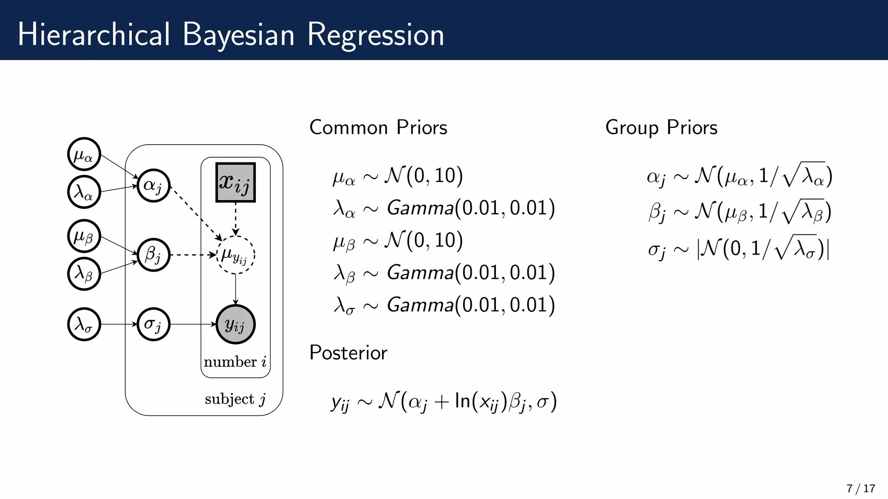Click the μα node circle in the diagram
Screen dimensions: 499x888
pos(84,154)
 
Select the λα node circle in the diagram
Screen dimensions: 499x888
pos(84,192)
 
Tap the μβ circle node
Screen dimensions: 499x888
pos(84,236)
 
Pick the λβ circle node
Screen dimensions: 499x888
pos(84,274)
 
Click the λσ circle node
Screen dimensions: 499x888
pos(84,324)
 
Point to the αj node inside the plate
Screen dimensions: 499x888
pos(153,185)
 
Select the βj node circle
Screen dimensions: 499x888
pos(153,255)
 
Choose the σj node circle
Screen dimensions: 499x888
pos(153,324)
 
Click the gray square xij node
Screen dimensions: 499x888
pos(235,182)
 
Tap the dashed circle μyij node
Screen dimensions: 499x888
pos(235,255)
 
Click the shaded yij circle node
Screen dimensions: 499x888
pos(235,324)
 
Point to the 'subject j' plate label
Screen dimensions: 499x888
pos(235,399)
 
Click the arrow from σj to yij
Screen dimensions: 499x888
pos(193,324)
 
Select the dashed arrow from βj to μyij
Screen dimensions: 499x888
pos(193,255)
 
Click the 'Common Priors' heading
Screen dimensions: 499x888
pos(378,128)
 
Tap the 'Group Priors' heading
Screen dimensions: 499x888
pos(661,128)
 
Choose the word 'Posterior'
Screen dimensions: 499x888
pos(348,353)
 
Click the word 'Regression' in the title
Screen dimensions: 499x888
pos(375,35)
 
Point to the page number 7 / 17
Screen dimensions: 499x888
pos(861,489)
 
